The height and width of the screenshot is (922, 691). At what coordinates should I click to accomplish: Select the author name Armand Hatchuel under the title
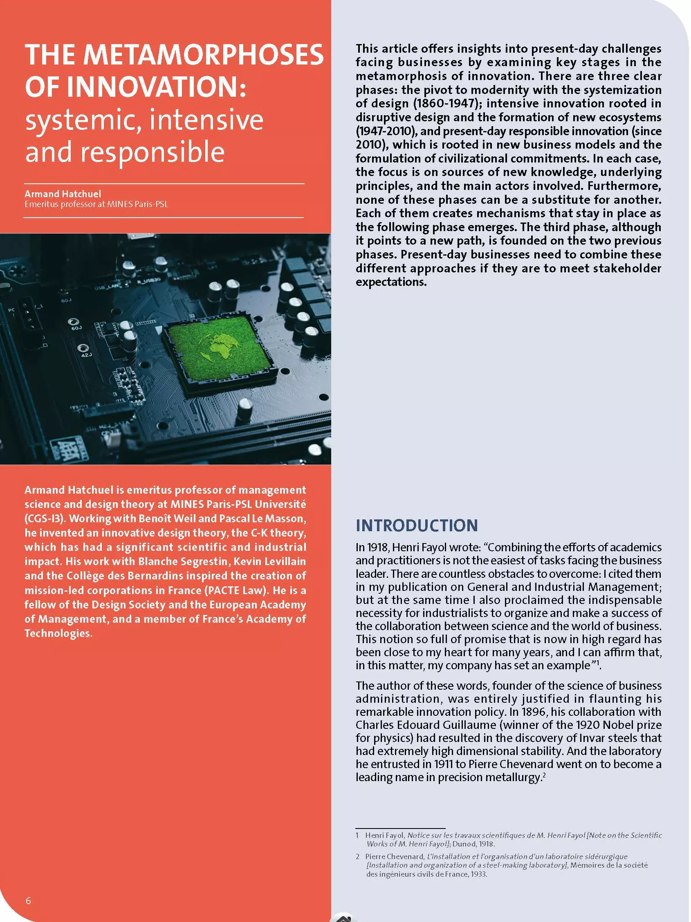(63, 194)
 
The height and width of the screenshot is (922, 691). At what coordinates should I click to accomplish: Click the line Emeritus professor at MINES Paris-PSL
(96, 204)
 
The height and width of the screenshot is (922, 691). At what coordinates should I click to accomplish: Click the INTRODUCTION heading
(416, 525)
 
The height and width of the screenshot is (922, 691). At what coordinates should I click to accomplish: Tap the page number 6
(28, 900)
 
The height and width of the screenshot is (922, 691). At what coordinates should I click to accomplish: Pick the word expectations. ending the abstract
(391, 282)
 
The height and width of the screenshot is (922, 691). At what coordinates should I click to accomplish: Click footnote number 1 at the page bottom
(357, 835)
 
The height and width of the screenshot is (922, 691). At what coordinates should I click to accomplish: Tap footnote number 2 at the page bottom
(358, 857)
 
